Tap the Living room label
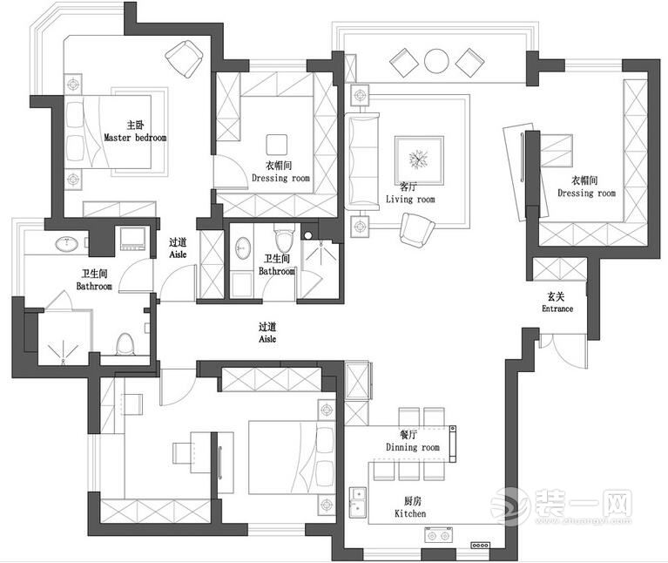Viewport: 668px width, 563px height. click(x=409, y=193)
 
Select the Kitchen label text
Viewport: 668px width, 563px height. click(x=410, y=507)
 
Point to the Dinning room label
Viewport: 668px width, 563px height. click(x=413, y=442)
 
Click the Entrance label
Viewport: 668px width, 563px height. click(x=557, y=303)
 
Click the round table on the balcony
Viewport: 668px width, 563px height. click(x=435, y=60)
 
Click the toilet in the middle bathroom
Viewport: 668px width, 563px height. click(x=280, y=240)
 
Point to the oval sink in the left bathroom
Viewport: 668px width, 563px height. click(x=65, y=244)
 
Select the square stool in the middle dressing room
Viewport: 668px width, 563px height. click(x=277, y=145)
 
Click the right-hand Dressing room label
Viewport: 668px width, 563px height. click(x=586, y=187)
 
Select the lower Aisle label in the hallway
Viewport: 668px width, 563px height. click(x=267, y=333)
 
